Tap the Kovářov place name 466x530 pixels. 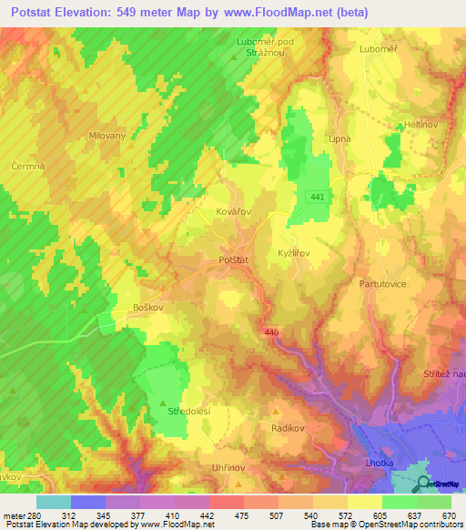coord(234,210)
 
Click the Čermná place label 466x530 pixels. coord(27,166)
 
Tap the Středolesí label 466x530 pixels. coord(189,412)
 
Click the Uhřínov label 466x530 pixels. coord(229,466)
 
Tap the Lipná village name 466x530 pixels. coord(339,138)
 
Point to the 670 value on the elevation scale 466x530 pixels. coord(448,515)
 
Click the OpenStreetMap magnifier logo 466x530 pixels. coord(425,485)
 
